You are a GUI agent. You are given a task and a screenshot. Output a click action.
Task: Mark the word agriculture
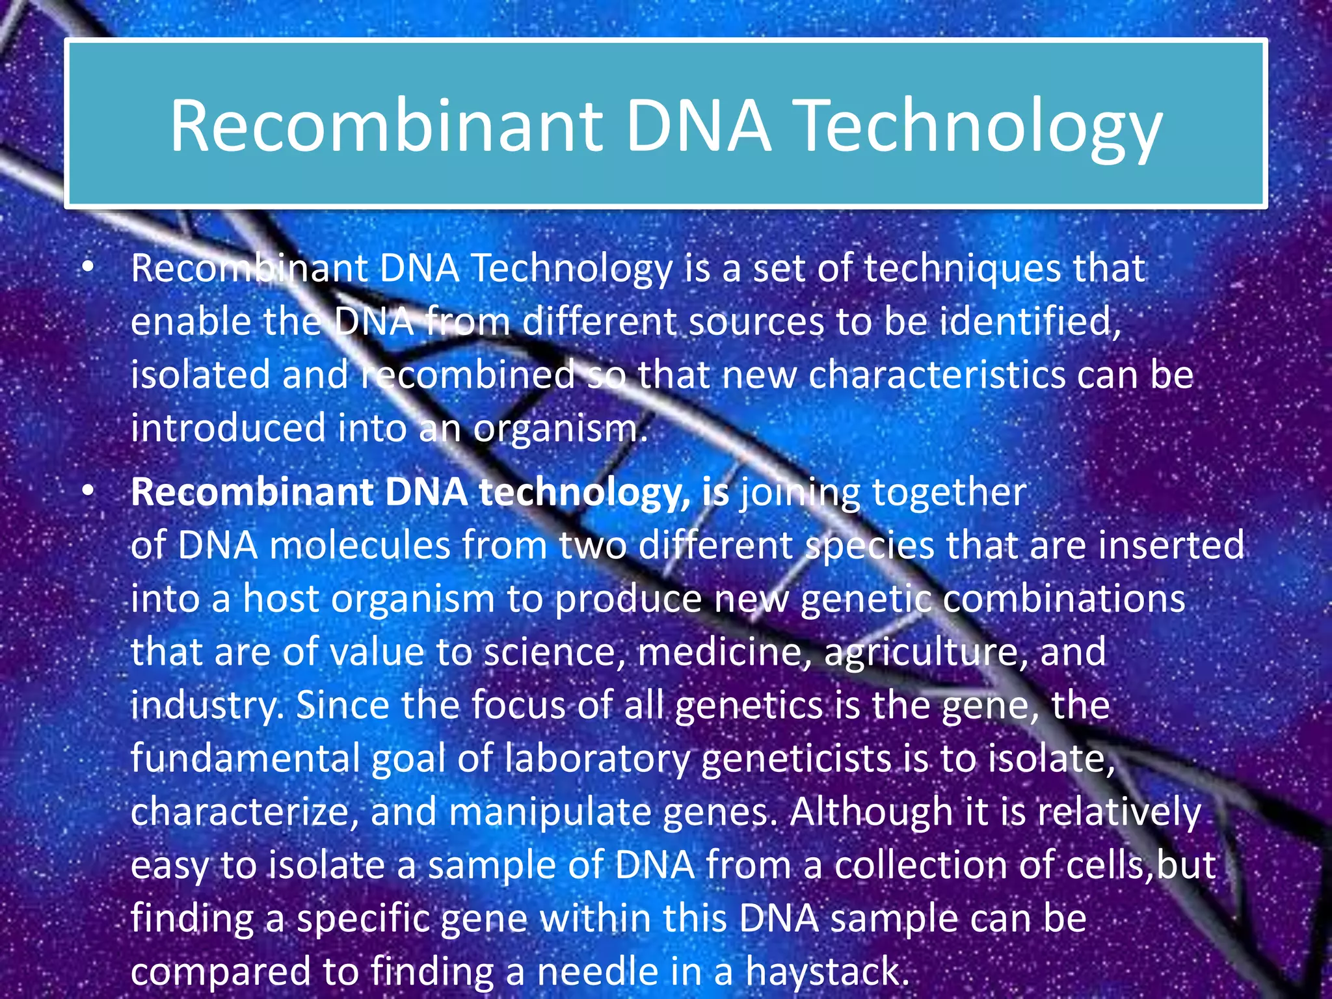926,653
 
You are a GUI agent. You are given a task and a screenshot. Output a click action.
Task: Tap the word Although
871,813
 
